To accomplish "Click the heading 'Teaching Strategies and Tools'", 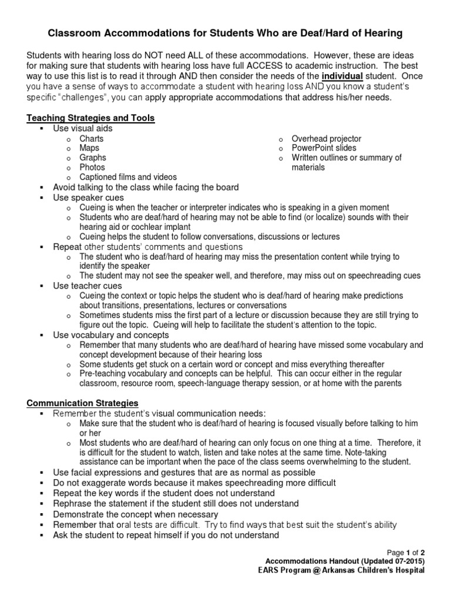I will (90, 118).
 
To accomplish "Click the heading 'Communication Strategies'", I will (82, 403).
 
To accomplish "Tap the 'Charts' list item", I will (92, 139).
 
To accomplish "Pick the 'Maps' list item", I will (89, 148).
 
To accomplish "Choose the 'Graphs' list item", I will (93, 158).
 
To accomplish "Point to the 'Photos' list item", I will (92, 167).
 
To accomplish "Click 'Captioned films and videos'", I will (128, 177).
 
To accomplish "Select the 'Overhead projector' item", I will (327, 139).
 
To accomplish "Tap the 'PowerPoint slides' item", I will (324, 148).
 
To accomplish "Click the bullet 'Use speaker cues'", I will (88, 198).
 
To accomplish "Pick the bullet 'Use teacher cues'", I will (87, 286).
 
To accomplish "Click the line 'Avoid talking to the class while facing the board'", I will (146, 188).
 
